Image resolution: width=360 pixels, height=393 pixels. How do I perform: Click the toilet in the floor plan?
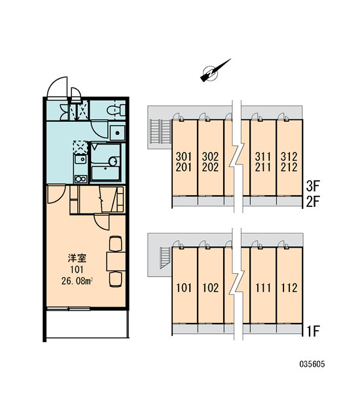click(x=117, y=110)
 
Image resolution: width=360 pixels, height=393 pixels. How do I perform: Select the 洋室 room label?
click(x=77, y=258)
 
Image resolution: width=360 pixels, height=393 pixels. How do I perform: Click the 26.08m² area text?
click(x=77, y=281)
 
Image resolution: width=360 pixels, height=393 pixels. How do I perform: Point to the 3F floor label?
click(x=313, y=186)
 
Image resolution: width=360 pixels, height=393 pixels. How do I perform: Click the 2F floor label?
click(x=313, y=202)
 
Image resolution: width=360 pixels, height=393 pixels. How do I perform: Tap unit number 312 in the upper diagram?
click(x=289, y=157)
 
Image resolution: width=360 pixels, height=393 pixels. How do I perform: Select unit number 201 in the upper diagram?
click(x=184, y=167)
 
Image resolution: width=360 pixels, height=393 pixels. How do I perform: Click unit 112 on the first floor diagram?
click(x=289, y=288)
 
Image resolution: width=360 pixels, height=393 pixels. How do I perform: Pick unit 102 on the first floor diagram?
click(x=211, y=288)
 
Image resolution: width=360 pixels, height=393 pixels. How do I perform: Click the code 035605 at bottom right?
click(x=312, y=364)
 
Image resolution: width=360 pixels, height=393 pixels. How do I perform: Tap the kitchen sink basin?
click(x=81, y=159)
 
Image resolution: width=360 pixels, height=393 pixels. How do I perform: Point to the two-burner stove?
click(x=81, y=179)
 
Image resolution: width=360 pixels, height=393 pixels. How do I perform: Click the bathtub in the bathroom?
click(x=105, y=173)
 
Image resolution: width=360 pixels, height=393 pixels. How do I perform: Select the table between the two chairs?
click(x=116, y=261)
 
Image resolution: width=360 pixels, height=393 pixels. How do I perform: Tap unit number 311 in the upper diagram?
click(x=262, y=157)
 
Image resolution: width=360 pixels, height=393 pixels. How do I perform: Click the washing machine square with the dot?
click(x=117, y=133)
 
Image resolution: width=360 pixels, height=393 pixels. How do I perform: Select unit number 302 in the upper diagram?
click(x=211, y=157)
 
